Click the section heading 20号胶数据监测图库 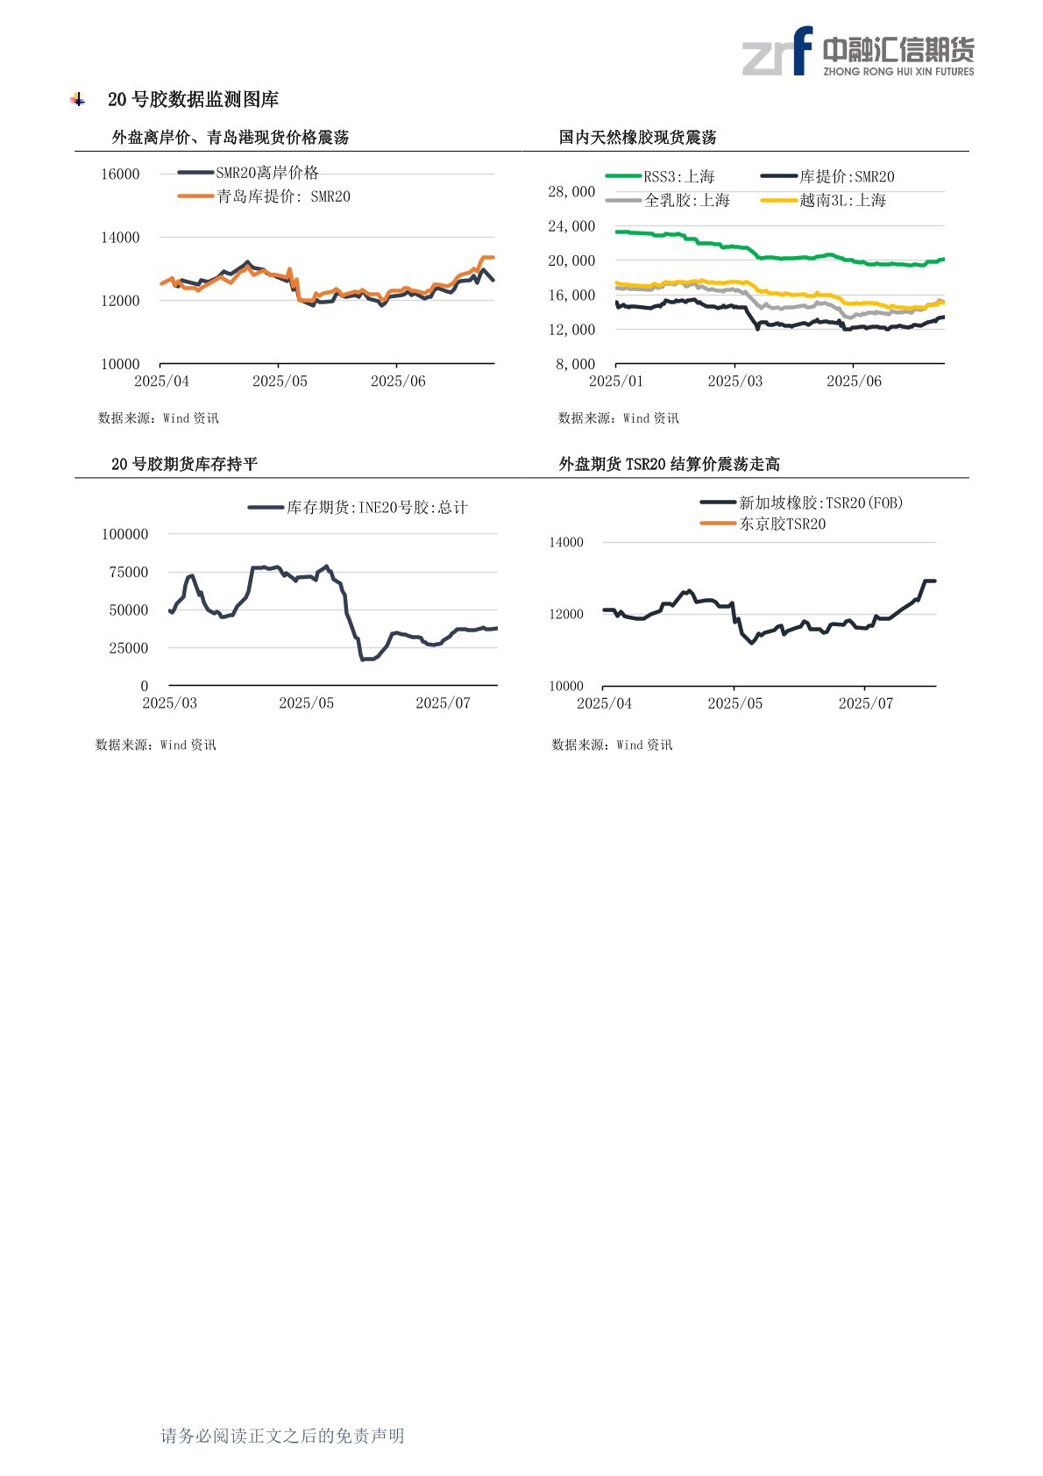click(x=193, y=100)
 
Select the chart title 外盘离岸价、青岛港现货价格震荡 click(x=231, y=138)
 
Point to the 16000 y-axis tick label click(x=120, y=175)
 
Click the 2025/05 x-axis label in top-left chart click(x=280, y=381)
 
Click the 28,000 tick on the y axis click(x=571, y=192)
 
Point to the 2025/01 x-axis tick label click(x=615, y=381)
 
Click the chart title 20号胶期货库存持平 click(x=184, y=464)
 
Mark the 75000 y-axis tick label click(x=129, y=573)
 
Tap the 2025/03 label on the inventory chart click(x=169, y=703)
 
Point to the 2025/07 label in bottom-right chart click(x=865, y=703)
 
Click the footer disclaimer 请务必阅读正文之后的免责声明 click(x=282, y=1436)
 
